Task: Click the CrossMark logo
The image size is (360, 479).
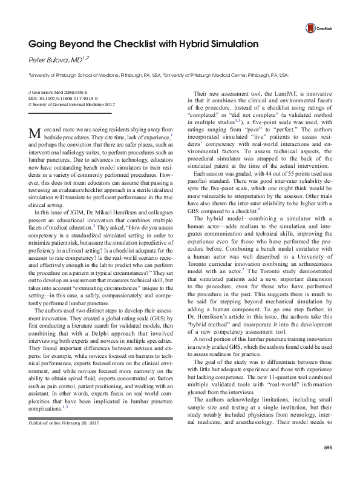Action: [319, 28]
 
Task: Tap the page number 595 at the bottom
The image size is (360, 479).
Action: [328, 464]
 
